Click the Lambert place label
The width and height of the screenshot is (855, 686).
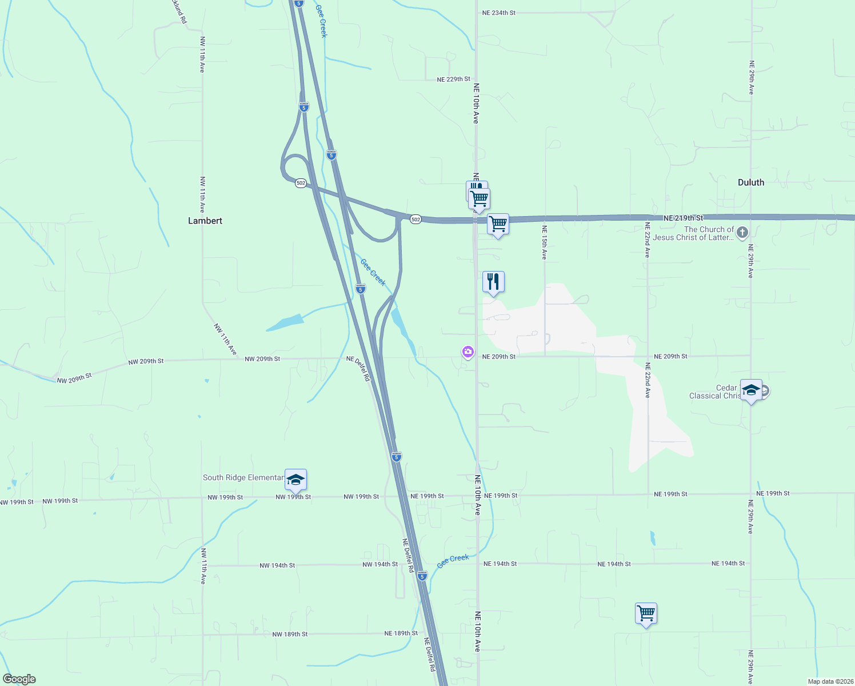(x=205, y=221)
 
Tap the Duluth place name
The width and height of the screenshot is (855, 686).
(x=750, y=182)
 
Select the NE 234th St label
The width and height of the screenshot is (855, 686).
(x=498, y=13)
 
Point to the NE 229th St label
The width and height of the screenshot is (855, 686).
(x=453, y=79)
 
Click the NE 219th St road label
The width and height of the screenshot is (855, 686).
(x=683, y=218)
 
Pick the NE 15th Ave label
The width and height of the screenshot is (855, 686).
(x=545, y=242)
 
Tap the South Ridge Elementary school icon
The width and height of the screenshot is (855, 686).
(x=295, y=479)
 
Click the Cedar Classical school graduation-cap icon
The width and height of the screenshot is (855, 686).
(x=751, y=390)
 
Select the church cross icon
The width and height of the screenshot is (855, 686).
(x=742, y=232)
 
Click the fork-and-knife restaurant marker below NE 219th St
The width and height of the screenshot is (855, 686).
(x=493, y=282)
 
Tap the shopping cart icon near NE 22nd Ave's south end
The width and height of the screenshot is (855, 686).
(x=646, y=613)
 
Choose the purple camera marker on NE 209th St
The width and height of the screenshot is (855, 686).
(x=468, y=352)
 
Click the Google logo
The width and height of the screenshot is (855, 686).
(x=19, y=679)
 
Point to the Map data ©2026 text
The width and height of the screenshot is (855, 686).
(x=830, y=681)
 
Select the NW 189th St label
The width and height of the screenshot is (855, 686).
(x=290, y=635)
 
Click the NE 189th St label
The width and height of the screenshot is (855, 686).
(x=401, y=633)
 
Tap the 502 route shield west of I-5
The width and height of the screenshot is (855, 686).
(x=301, y=183)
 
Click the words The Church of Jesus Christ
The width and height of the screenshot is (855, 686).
(x=708, y=233)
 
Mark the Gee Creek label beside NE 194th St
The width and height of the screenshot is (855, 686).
(x=453, y=561)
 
